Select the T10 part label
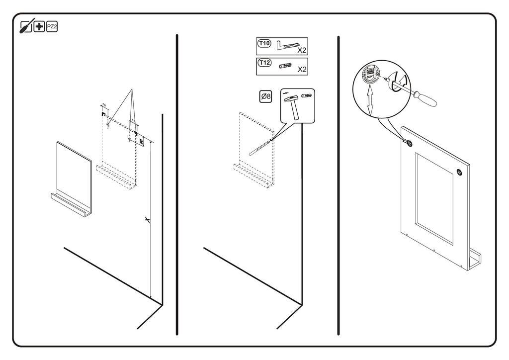pyautogui.click(x=264, y=44)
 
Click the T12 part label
pyautogui.click(x=264, y=63)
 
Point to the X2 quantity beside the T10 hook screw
pyautogui.click(x=302, y=50)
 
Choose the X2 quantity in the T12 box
pyautogui.click(x=302, y=70)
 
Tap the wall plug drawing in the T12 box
pyautogui.click(x=285, y=66)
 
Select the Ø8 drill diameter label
pyautogui.click(x=265, y=96)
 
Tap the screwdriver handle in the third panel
pyautogui.click(x=425, y=99)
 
